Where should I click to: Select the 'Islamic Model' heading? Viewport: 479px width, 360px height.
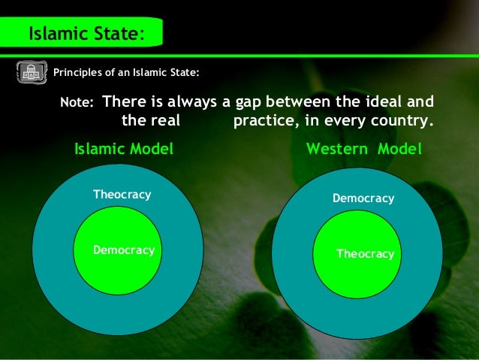pyautogui.click(x=124, y=149)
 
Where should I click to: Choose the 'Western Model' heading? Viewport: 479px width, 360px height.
pyautogui.click(x=364, y=149)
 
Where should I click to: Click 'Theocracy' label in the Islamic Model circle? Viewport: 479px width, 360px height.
pyautogui.click(x=122, y=195)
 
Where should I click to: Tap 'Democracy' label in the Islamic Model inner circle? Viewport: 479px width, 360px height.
pyautogui.click(x=124, y=250)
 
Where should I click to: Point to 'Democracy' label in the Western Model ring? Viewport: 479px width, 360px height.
pyautogui.click(x=363, y=198)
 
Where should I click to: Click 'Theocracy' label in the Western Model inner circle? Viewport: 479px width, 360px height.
pyautogui.click(x=365, y=254)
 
